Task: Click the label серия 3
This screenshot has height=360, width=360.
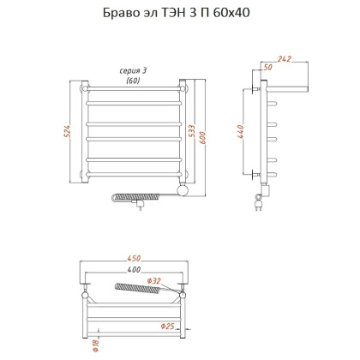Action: (x=133, y=71)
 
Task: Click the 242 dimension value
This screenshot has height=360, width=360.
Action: (x=286, y=60)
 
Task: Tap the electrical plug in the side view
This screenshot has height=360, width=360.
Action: (x=261, y=203)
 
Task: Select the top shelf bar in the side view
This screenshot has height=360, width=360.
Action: (x=287, y=87)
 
